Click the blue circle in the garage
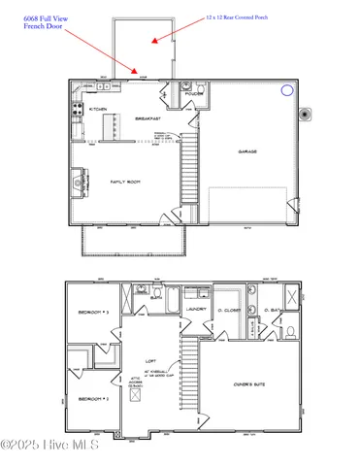coord(286,90)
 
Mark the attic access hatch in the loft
coord(136,395)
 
